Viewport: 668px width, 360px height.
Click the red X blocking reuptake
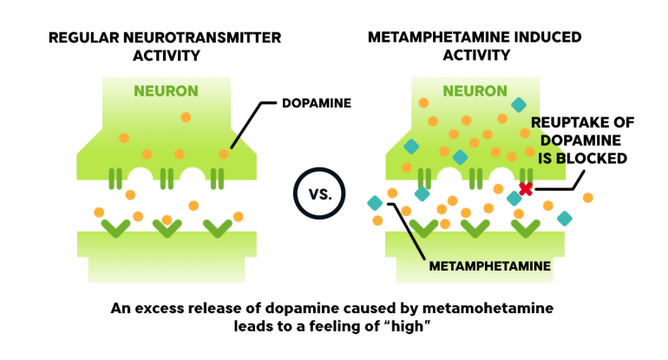526,189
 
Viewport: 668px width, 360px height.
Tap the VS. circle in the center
319,193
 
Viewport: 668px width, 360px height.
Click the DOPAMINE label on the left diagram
317,103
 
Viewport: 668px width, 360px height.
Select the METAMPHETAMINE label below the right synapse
489,266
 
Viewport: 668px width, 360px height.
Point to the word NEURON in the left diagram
167,91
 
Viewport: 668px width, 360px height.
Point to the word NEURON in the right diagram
475,91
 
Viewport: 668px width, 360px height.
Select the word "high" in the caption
407,326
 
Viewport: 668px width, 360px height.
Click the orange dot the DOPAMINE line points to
224,154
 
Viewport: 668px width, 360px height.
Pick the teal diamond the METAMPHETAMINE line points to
375,203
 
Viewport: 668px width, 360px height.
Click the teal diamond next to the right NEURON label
519,105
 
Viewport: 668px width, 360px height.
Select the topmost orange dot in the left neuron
186,117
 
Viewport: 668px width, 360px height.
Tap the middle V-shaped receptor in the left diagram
167,228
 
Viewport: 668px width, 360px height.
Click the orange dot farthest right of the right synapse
588,198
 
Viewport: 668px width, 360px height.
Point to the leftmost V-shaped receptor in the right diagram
424,228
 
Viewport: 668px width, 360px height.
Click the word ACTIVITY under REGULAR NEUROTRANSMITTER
167,56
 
